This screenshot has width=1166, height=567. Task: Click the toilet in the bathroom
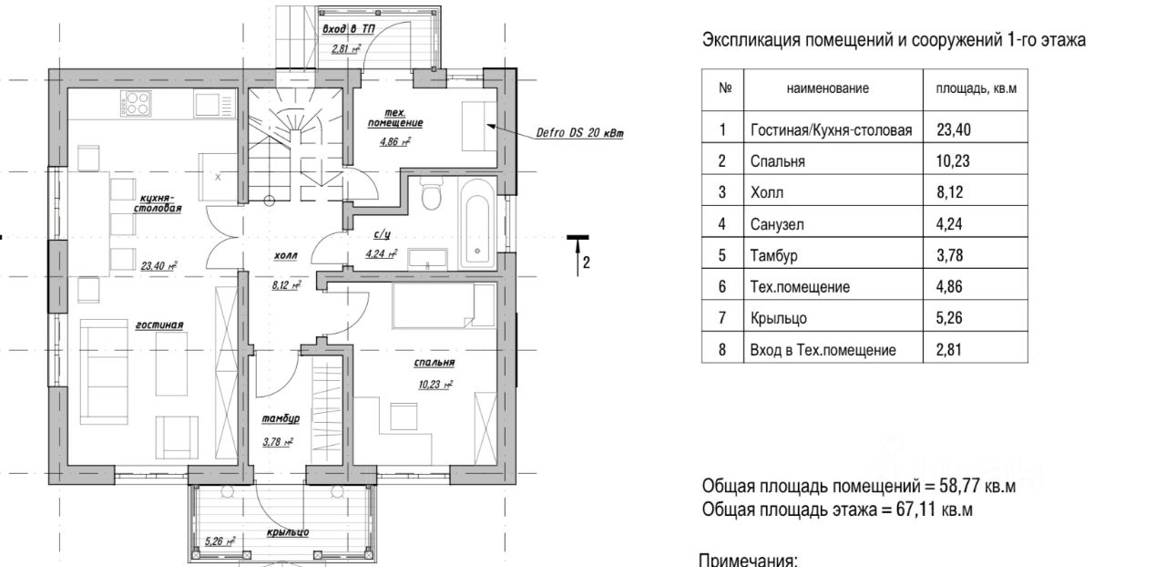[x=431, y=193]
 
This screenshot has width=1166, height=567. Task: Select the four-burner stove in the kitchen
[x=137, y=103]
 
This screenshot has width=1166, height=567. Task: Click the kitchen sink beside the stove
[x=214, y=104]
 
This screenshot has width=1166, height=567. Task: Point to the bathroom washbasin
[x=427, y=260]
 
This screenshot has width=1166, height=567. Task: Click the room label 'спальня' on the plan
[x=435, y=362]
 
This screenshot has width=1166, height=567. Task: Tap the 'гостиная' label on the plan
[x=159, y=325]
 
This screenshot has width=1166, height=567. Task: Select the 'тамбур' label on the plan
[x=281, y=418]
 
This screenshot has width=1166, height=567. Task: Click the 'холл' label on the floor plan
[x=285, y=255]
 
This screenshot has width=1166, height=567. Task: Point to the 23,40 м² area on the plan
[x=159, y=266]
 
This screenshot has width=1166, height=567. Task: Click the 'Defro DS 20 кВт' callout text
[x=579, y=133]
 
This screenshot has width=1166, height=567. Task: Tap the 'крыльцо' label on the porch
[x=288, y=532]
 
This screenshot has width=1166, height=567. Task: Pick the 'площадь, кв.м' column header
[x=976, y=88]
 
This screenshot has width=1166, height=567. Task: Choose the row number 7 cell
[x=722, y=317]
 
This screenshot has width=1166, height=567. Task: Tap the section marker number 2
[x=586, y=263]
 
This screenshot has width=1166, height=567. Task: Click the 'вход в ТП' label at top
[x=348, y=29]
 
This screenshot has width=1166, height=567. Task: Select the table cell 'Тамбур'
[x=773, y=255]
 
